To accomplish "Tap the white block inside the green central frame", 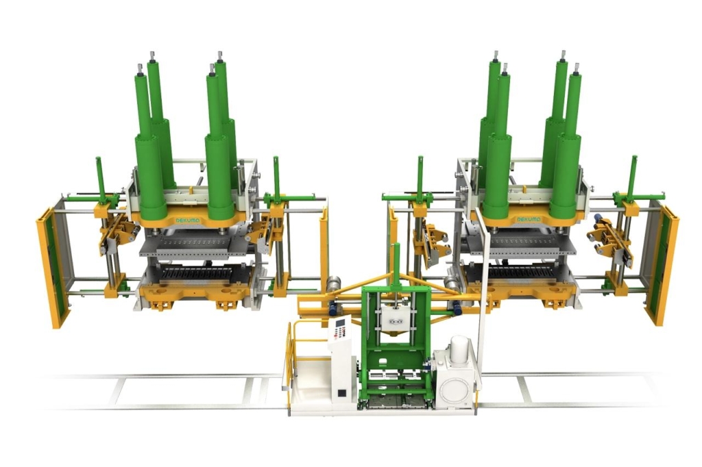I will pos(393,317).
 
